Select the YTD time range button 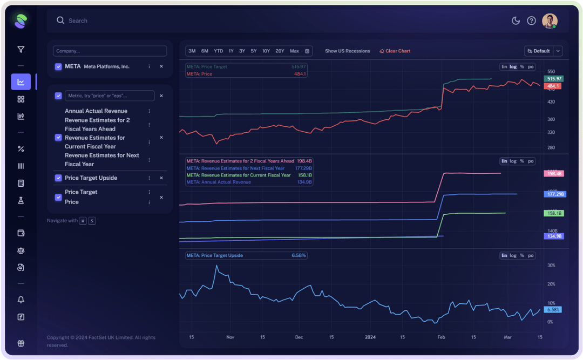[218, 51]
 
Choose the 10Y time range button [266, 51]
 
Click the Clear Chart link [395, 51]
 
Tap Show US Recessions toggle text [347, 51]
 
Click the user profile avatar [550, 21]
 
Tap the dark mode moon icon [516, 21]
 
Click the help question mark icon [531, 21]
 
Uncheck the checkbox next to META [58, 67]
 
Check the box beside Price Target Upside [58, 178]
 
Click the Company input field [110, 51]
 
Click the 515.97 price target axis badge [554, 79]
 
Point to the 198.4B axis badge [554, 174]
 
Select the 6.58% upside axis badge [553, 310]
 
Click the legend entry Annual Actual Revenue [219, 182]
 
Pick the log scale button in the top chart [513, 67]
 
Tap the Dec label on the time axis [299, 337]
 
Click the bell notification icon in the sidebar [21, 300]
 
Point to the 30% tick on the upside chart [551, 266]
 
